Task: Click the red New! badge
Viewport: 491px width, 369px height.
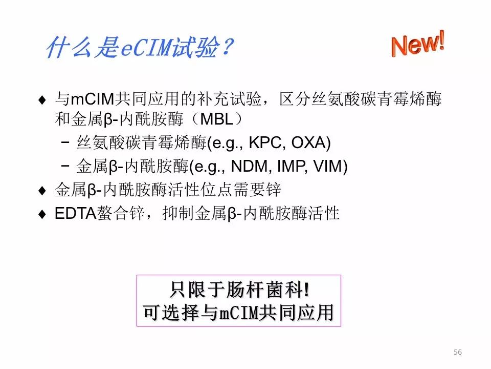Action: (x=418, y=44)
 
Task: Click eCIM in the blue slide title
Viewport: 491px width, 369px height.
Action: (x=146, y=48)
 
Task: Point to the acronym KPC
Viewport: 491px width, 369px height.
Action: (x=265, y=143)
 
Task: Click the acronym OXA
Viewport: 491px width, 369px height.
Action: (x=309, y=143)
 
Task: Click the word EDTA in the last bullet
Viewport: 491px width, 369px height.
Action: (x=75, y=213)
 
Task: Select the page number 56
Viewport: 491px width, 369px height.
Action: (x=457, y=352)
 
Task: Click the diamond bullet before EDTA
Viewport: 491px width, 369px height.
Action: (x=42, y=214)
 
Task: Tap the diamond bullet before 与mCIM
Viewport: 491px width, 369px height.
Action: (x=42, y=100)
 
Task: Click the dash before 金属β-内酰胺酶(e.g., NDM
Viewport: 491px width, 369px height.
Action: (x=65, y=166)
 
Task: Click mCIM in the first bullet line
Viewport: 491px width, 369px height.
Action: (x=93, y=99)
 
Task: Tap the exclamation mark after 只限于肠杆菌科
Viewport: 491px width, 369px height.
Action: (x=306, y=289)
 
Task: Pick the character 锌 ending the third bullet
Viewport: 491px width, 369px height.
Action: (x=273, y=190)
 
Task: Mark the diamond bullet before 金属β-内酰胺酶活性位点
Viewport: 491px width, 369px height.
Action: (x=42, y=191)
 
